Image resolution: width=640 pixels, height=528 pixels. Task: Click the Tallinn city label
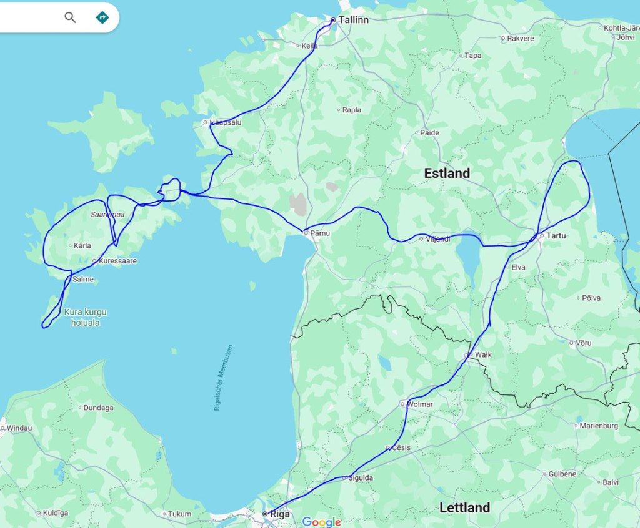[x=353, y=20]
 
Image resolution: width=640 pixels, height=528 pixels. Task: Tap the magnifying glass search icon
[x=70, y=17]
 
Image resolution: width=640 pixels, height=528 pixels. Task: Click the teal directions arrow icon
[x=102, y=17]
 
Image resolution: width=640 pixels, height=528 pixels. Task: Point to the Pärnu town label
[x=321, y=233]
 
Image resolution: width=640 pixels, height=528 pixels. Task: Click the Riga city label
[x=279, y=514]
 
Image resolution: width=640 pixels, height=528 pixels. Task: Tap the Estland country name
[x=447, y=174]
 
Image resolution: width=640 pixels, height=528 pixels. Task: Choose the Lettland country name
[x=464, y=507]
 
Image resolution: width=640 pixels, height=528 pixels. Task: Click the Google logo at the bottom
[x=321, y=522]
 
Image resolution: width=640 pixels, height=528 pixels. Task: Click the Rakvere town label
[x=521, y=38]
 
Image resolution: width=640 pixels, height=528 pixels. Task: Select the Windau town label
[x=19, y=428]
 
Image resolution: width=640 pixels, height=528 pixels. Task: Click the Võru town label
[x=584, y=343]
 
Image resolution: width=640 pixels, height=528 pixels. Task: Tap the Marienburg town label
[x=599, y=426]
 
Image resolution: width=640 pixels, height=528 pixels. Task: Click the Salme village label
[x=83, y=279]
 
